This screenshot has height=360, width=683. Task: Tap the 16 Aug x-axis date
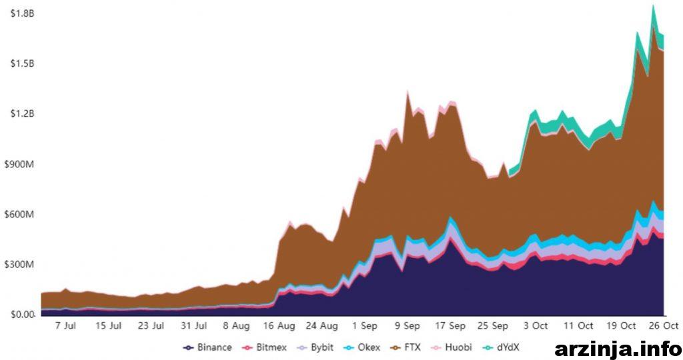279,326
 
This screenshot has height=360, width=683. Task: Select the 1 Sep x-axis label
364,326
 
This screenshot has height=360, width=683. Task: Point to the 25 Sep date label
493,326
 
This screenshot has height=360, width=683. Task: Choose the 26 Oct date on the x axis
664,326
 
